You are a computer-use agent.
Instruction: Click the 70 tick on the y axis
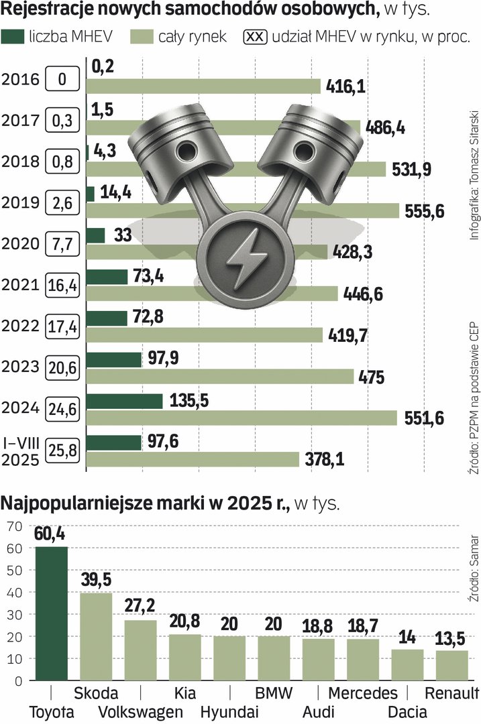[15, 527]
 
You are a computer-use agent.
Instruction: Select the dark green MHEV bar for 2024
[125, 401]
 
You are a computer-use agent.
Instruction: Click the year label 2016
[20, 80]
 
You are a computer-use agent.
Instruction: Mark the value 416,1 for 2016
[346, 86]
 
